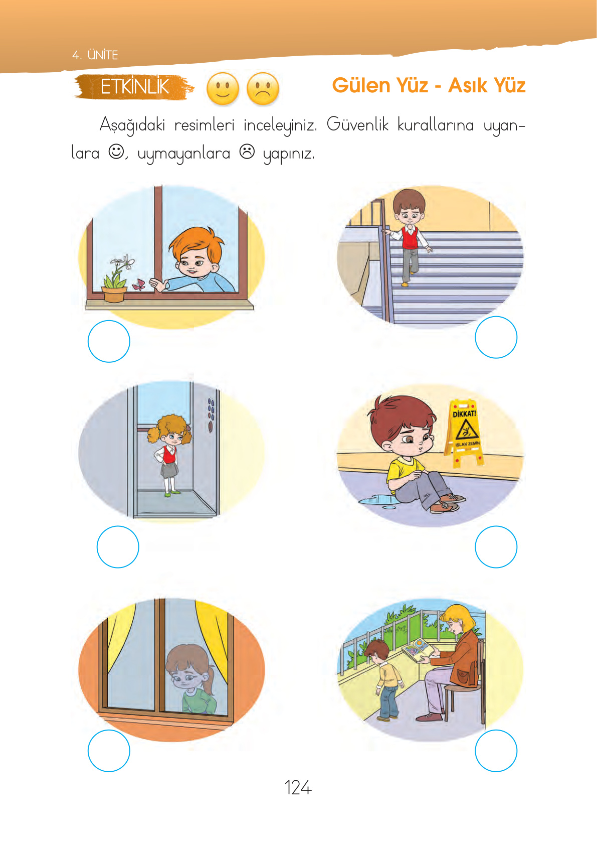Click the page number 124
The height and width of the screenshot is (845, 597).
tap(298, 788)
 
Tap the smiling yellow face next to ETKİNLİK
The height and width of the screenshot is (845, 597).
tap(223, 89)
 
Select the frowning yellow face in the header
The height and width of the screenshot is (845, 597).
tap(263, 89)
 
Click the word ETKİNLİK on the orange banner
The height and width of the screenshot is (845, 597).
tap(134, 87)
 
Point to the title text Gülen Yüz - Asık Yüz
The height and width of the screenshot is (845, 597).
tap(429, 86)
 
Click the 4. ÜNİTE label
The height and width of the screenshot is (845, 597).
tap(95, 55)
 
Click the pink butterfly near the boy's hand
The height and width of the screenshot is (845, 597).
tap(139, 285)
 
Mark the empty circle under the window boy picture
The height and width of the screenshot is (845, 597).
tap(109, 341)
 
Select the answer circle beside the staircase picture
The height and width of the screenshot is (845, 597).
tap(496, 337)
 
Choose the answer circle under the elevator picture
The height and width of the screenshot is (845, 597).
tap(118, 547)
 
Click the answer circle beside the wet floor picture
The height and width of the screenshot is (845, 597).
tap(496, 547)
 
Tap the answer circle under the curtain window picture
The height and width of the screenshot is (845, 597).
tap(109, 751)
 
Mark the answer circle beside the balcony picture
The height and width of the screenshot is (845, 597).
tap(496, 751)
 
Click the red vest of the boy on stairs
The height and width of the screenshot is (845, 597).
tap(410, 238)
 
